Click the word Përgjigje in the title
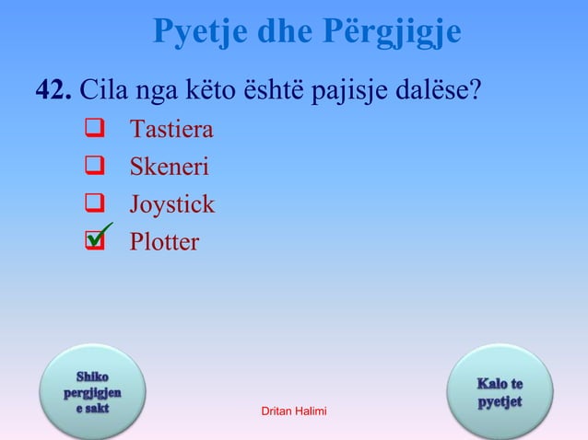coord(392,34)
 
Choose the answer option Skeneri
coord(169,167)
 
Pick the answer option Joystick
coord(172,204)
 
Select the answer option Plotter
coord(163,242)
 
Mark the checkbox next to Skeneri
coord(92,168)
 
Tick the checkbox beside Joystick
coord(92,204)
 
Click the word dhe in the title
coord(287,34)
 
